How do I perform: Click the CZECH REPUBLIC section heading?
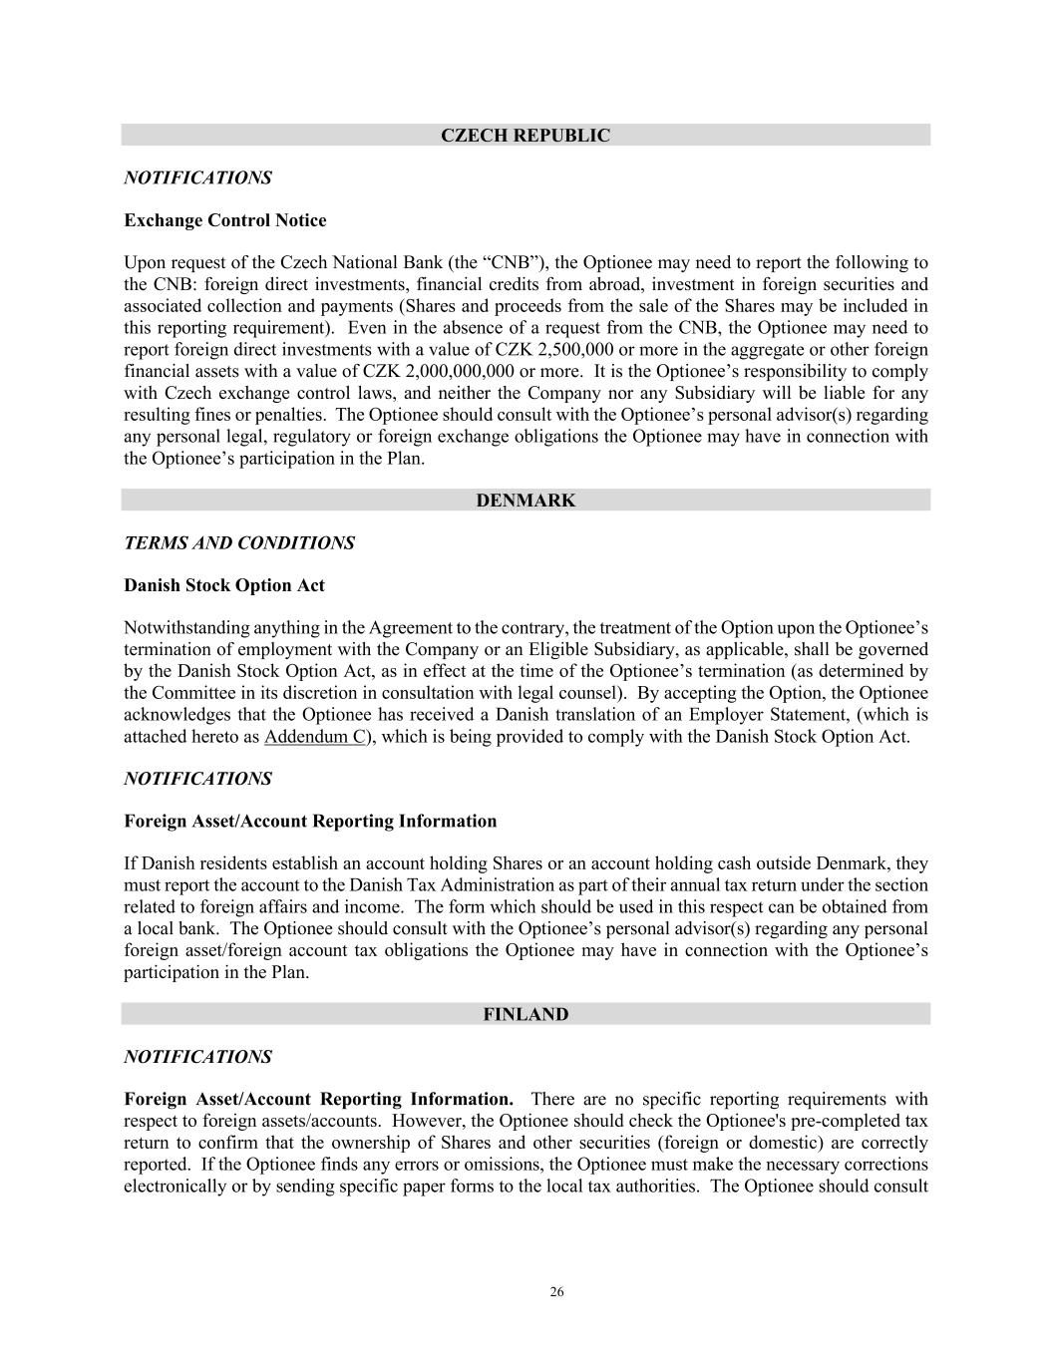(x=526, y=136)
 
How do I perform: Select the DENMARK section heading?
(x=526, y=501)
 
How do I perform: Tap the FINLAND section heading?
(x=526, y=1015)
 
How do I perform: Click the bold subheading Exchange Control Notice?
(x=224, y=220)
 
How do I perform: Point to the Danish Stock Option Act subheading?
(x=223, y=586)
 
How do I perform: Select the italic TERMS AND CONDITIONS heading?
(x=238, y=543)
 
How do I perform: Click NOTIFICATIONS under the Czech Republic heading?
(x=197, y=178)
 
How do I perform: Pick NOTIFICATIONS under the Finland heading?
(x=197, y=1057)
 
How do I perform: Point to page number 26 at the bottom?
(x=556, y=1292)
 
